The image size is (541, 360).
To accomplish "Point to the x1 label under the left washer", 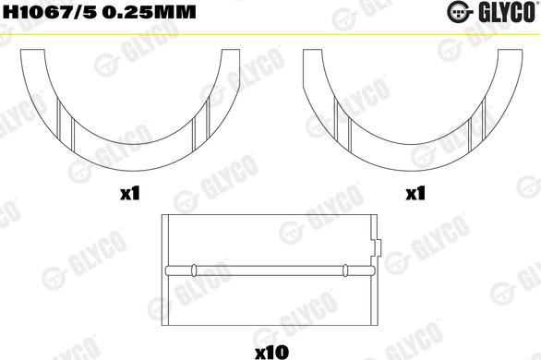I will (129, 194).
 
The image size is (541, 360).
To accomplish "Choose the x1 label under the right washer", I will (415, 194).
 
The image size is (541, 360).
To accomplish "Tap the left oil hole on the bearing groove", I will (194, 270).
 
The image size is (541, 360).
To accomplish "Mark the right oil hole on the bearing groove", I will (344, 270).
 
